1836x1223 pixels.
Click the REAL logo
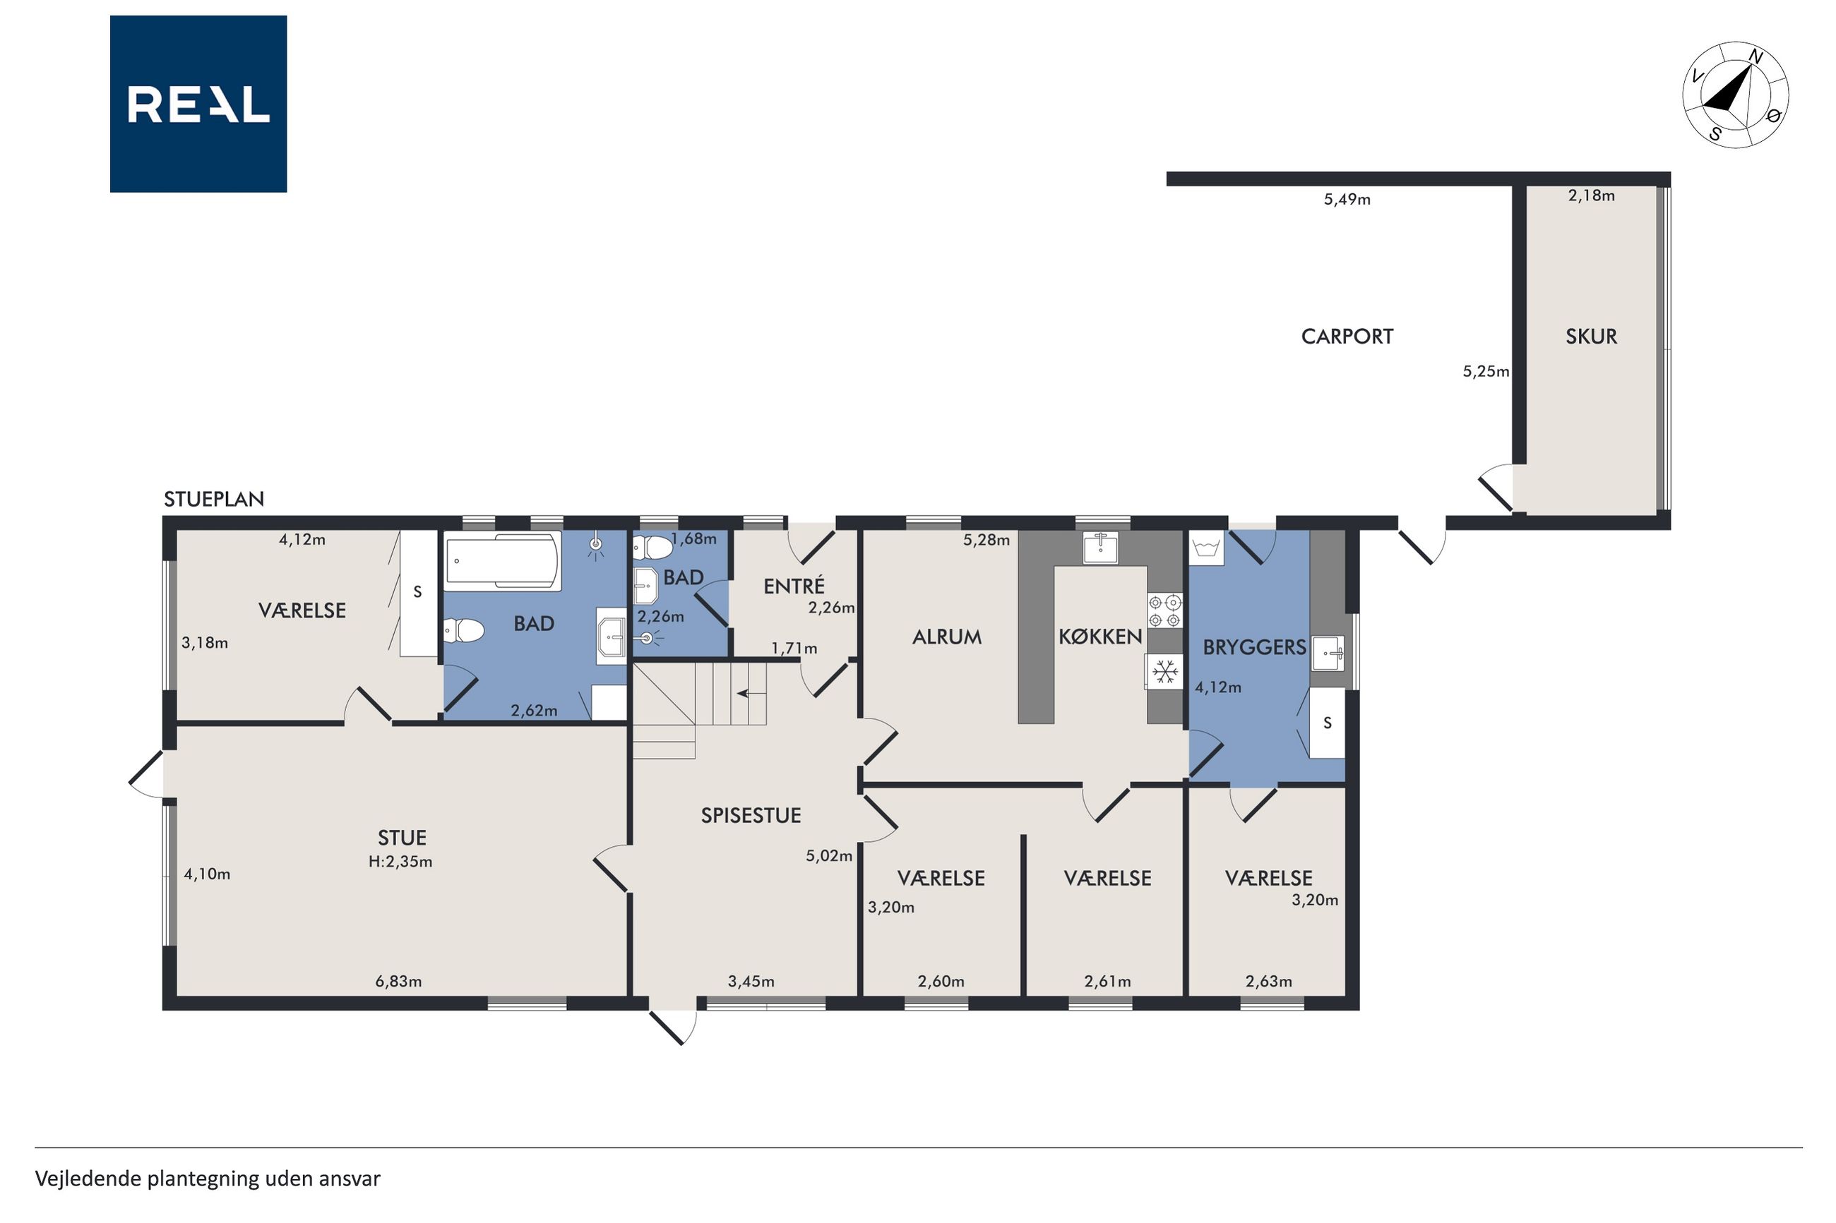[198, 104]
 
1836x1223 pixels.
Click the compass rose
[1735, 95]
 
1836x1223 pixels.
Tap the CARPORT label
[1347, 336]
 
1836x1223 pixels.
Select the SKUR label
[1591, 336]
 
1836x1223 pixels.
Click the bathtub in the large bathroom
[503, 560]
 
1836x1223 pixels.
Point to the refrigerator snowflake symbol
[1165, 670]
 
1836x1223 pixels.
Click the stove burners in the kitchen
[1164, 610]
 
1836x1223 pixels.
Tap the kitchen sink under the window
[1100, 547]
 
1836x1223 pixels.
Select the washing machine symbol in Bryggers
[1206, 548]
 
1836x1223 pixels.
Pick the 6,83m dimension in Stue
[399, 981]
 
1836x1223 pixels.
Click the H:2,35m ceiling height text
[400, 862]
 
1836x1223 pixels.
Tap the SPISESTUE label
[751, 815]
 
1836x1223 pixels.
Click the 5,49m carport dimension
[1347, 199]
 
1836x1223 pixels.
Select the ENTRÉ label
[794, 586]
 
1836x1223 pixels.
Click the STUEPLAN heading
[214, 499]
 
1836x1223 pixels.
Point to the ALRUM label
[946, 637]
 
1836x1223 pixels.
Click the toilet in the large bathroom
[463, 630]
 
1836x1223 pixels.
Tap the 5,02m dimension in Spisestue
[828, 855]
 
